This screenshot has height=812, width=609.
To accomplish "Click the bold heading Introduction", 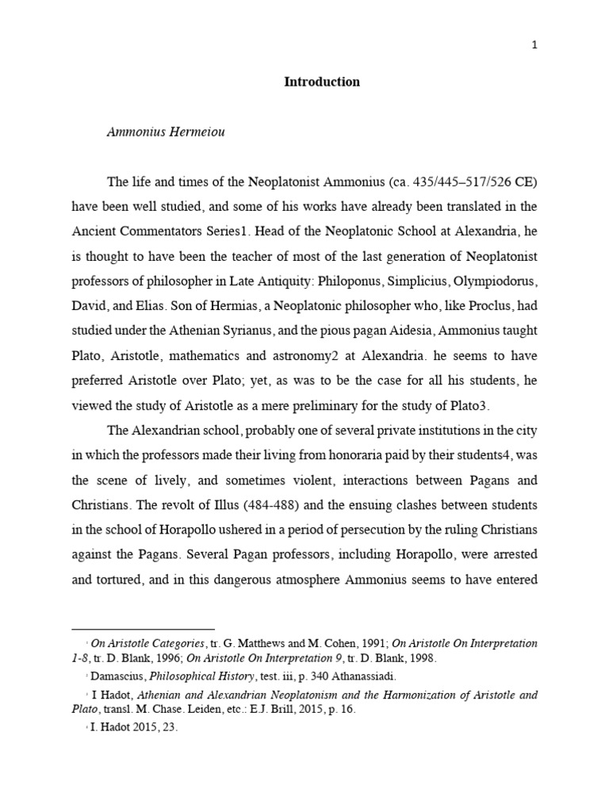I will [x=322, y=82].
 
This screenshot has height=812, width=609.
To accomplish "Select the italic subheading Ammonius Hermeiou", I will [x=166, y=132].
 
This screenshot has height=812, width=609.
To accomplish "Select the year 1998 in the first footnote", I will [x=419, y=657].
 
